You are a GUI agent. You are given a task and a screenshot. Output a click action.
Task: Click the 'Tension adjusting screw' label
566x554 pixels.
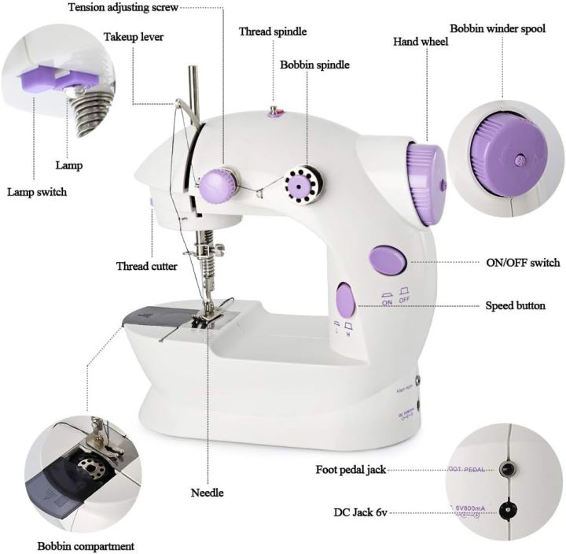[x=123, y=8]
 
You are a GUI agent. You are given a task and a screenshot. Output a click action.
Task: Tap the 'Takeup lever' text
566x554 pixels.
[x=134, y=36]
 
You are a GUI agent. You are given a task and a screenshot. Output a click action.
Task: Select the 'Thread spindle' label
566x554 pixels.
[x=273, y=31]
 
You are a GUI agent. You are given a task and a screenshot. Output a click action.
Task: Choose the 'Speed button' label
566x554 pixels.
[x=515, y=305]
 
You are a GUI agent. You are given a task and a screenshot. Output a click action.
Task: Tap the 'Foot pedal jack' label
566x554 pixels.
[x=351, y=469]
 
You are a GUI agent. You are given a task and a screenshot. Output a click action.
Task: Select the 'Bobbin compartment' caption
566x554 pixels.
[x=86, y=545]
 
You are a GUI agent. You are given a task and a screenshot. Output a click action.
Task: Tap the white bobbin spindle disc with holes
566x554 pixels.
[x=299, y=186]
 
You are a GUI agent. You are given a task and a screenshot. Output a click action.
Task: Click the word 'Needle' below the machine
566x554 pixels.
[x=208, y=493]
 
